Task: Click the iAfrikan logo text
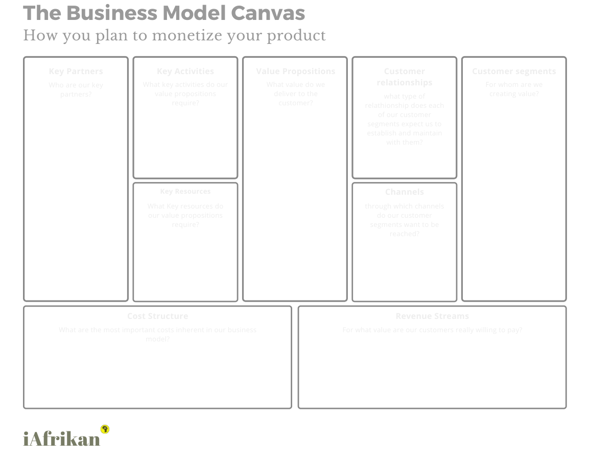point(62,439)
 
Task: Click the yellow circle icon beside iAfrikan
point(105,429)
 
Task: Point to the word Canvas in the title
point(268,13)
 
